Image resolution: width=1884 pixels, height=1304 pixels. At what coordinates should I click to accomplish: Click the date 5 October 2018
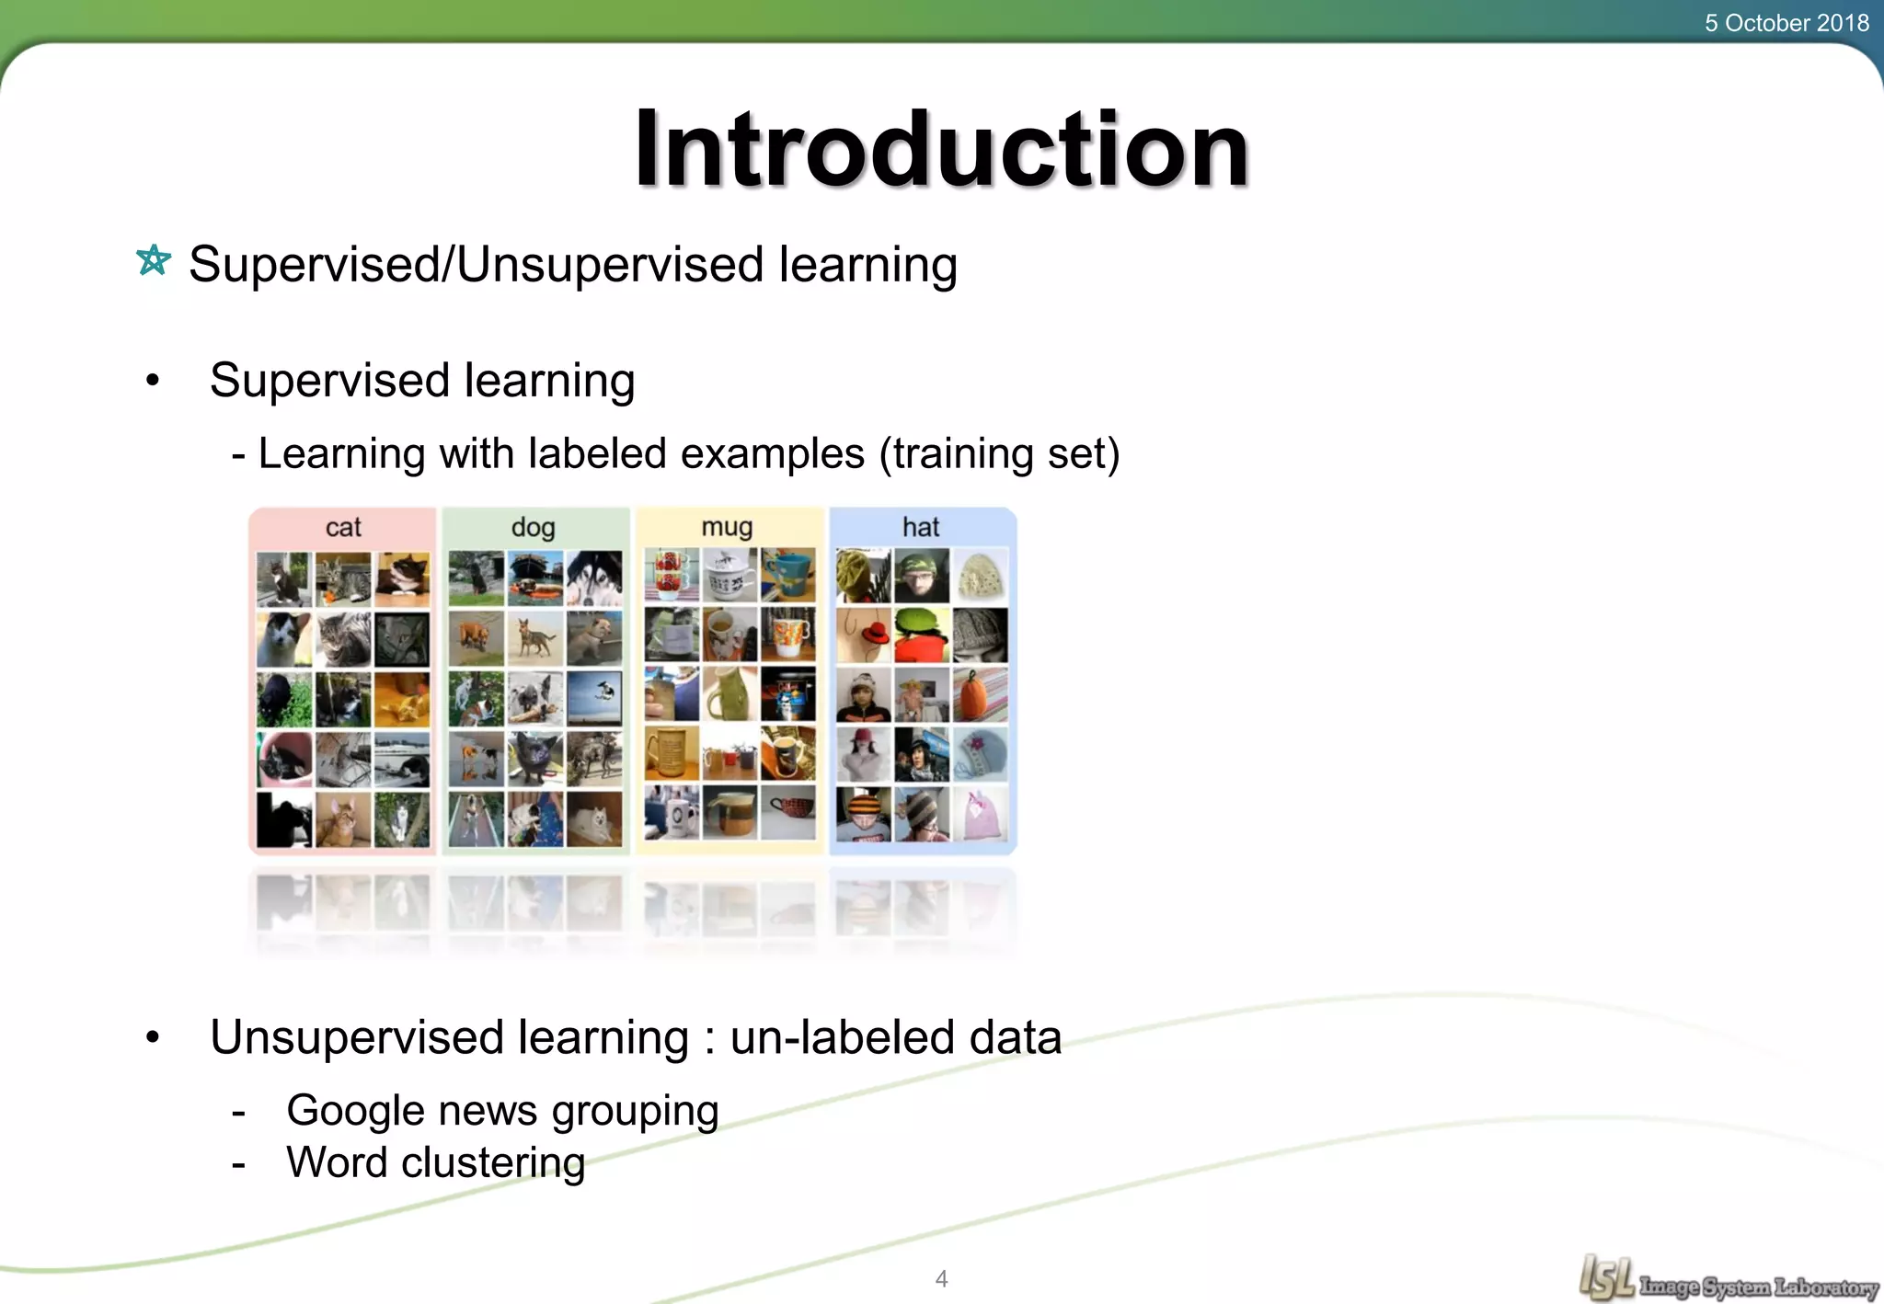(1786, 23)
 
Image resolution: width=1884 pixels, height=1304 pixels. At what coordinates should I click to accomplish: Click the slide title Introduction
(941, 149)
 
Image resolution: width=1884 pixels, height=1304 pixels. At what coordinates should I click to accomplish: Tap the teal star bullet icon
(154, 260)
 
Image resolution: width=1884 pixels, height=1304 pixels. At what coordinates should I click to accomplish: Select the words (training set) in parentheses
(999, 453)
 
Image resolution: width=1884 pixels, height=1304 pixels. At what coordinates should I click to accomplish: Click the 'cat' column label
(343, 528)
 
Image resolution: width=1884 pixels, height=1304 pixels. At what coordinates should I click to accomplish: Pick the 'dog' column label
(533, 528)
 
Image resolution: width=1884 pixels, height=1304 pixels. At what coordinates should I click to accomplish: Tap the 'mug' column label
(727, 528)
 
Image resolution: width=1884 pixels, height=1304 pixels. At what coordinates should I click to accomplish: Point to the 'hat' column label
(921, 528)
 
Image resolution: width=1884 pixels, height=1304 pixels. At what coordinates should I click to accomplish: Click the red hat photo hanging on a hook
(864, 635)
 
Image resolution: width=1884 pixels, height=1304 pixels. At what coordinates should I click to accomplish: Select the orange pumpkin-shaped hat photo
(980, 694)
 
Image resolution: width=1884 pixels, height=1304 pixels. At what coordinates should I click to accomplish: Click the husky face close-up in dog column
(594, 578)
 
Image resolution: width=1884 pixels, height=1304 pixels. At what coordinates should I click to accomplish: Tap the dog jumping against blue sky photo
(594, 696)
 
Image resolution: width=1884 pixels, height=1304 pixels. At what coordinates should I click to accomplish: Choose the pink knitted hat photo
(980, 815)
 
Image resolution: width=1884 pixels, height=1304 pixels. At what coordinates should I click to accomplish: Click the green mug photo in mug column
(729, 694)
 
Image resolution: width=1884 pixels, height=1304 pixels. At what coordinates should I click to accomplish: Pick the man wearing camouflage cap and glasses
(922, 577)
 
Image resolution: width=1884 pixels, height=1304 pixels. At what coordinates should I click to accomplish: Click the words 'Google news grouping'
(502, 1111)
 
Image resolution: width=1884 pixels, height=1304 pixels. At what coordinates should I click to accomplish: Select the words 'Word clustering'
(435, 1163)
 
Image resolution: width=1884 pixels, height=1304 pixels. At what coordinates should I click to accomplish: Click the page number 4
(941, 1278)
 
